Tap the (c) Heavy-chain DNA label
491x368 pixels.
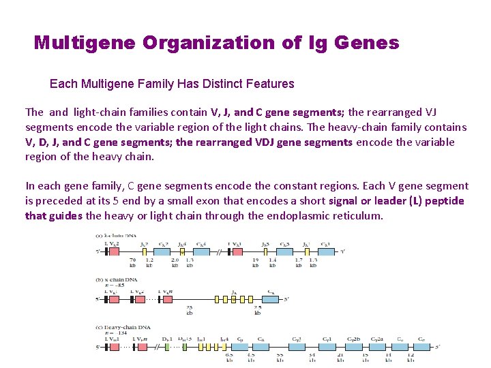pyautogui.click(x=123, y=327)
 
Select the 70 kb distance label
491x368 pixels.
pyautogui.click(x=132, y=262)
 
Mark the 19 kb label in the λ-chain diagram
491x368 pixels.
pyautogui.click(x=255, y=262)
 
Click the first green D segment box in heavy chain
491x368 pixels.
pyautogui.click(x=166, y=347)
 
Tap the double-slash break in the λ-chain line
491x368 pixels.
pyautogui.click(x=219, y=251)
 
